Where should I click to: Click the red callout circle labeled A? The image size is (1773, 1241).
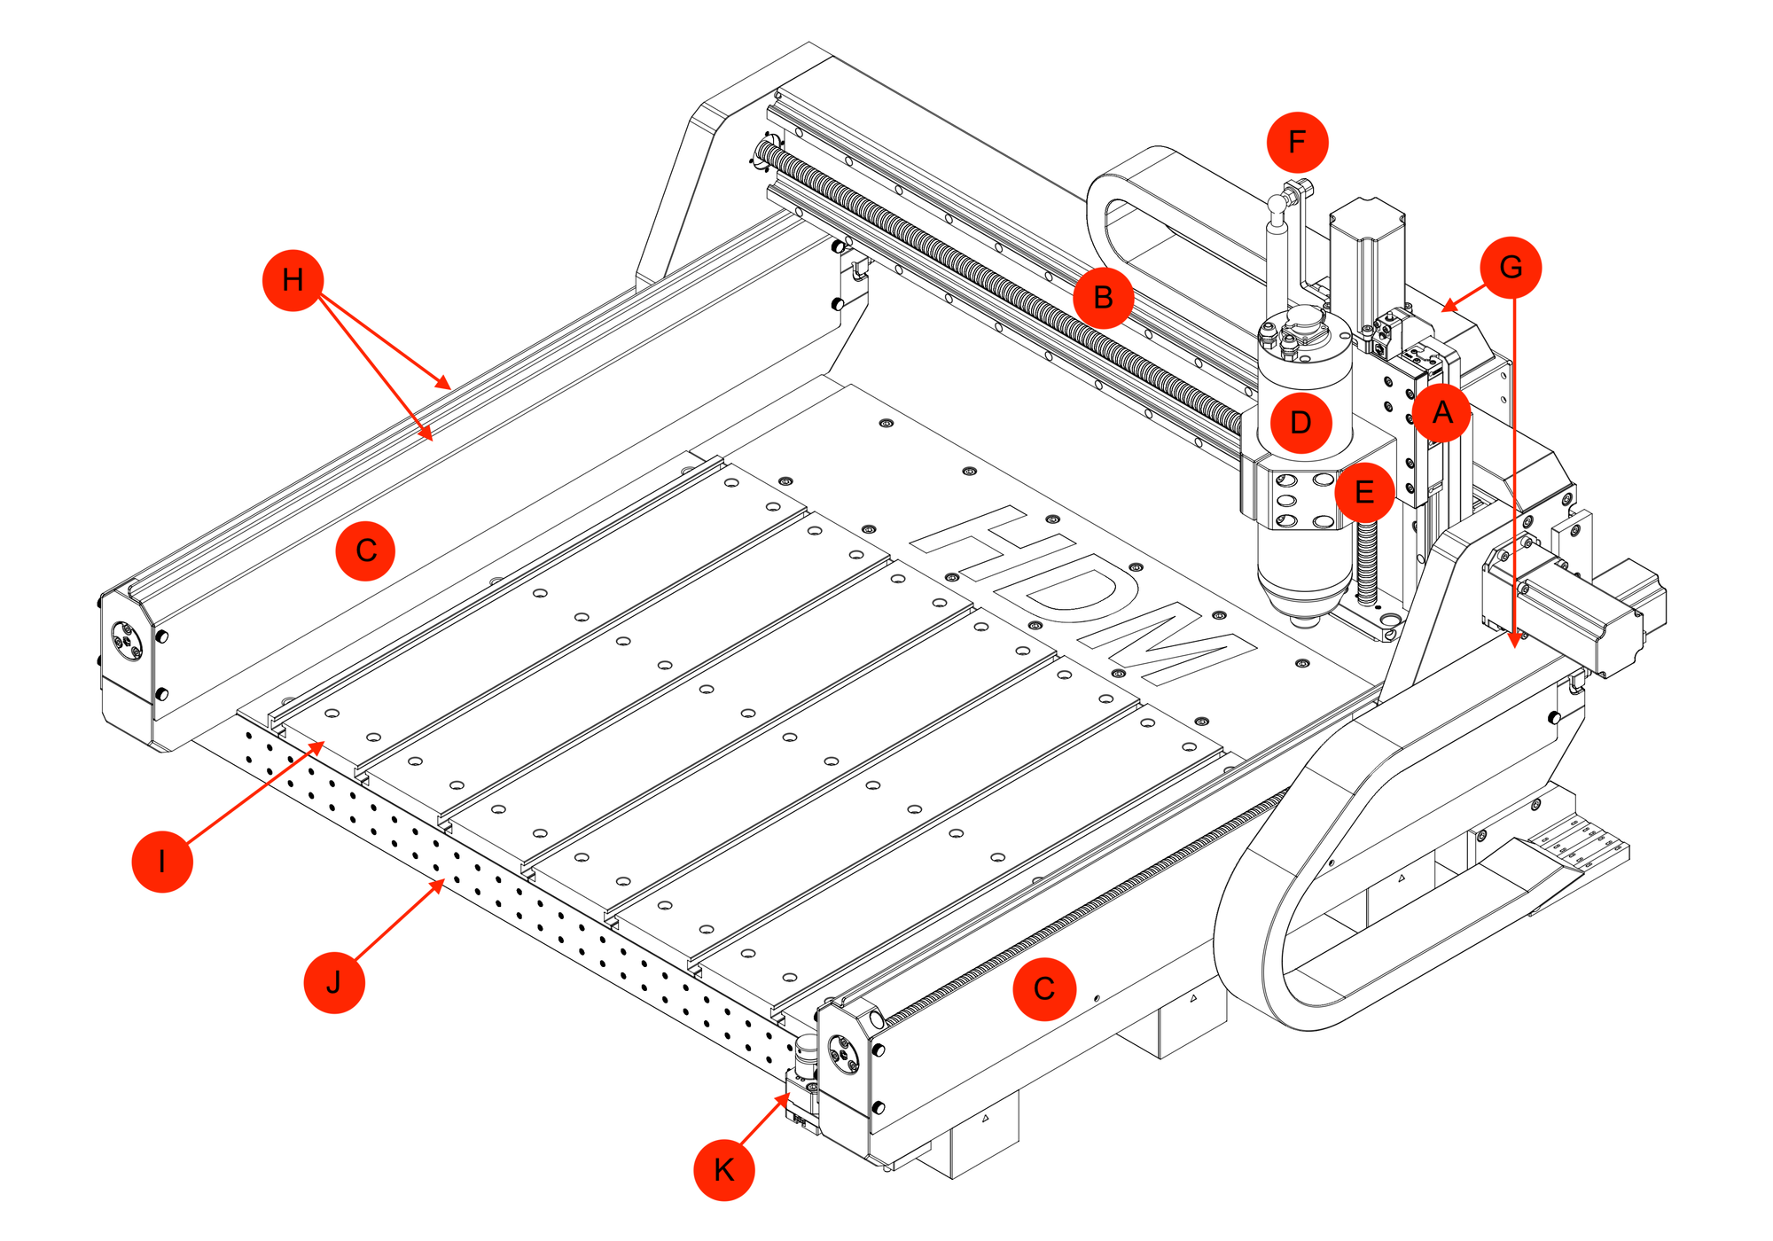click(x=1442, y=412)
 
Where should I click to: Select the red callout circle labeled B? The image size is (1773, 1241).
click(x=1103, y=298)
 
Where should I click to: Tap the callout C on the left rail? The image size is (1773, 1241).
click(x=365, y=550)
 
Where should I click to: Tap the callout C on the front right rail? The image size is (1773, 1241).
click(x=1044, y=989)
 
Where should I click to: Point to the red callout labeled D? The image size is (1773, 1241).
click(x=1300, y=423)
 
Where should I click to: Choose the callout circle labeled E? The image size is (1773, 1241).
click(x=1364, y=492)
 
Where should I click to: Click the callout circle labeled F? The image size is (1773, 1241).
click(x=1297, y=142)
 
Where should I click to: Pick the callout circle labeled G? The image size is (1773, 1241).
click(x=1511, y=267)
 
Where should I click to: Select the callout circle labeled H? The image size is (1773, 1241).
click(x=293, y=280)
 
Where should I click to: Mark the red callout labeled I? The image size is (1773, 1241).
click(x=162, y=861)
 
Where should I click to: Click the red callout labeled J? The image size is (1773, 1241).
click(x=334, y=982)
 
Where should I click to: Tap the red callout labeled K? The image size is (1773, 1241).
click(x=723, y=1170)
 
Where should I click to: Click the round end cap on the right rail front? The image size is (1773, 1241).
click(x=843, y=1053)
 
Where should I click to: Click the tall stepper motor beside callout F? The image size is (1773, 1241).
click(x=1366, y=257)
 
